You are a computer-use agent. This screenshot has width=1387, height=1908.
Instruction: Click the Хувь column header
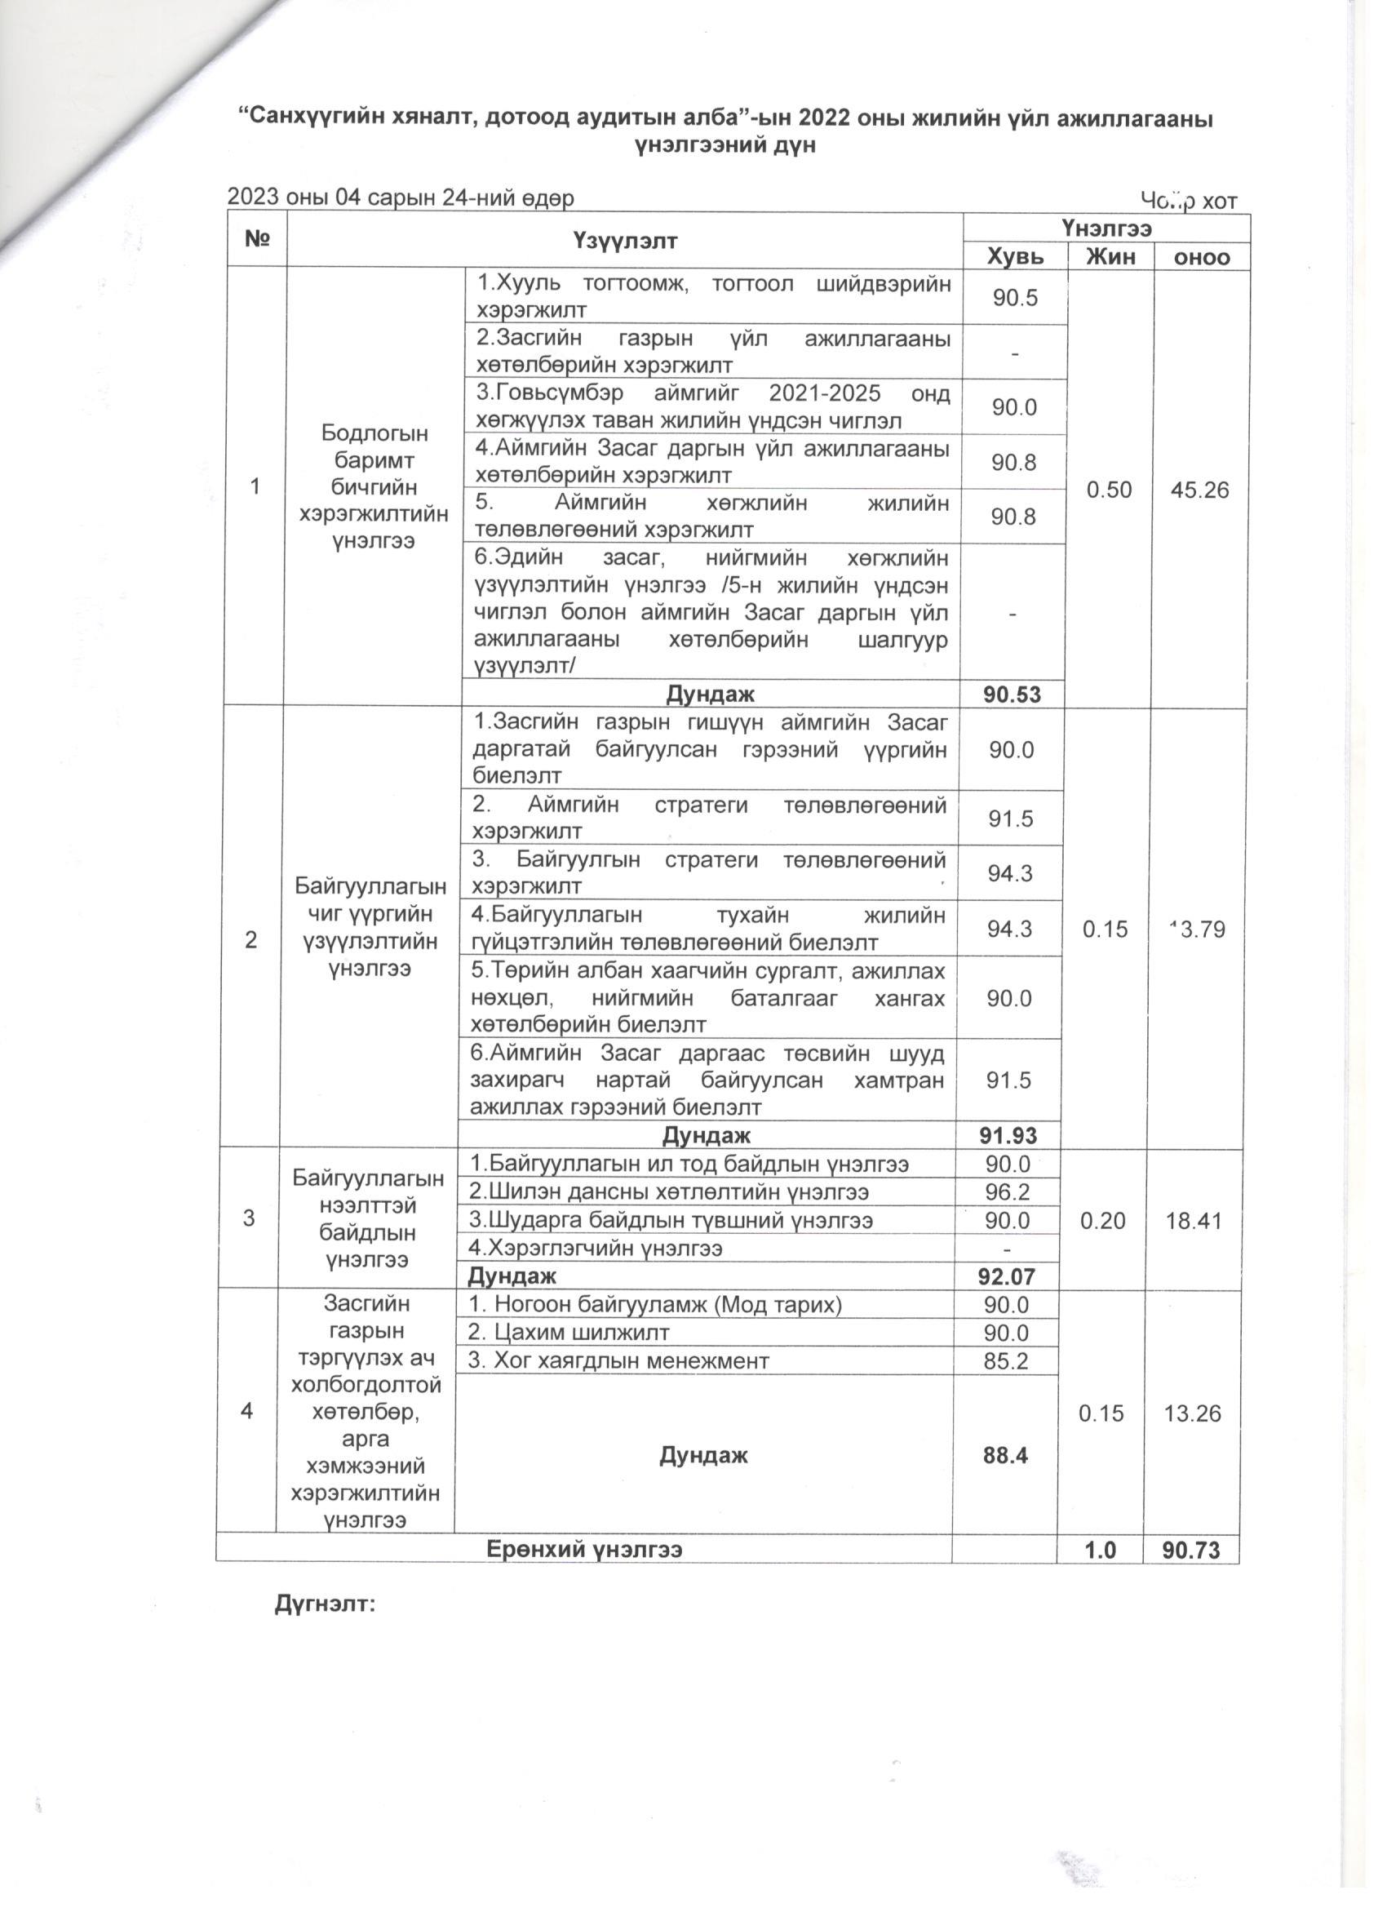pyautogui.click(x=1014, y=256)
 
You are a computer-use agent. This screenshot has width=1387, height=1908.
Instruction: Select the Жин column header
pyautogui.click(x=1110, y=256)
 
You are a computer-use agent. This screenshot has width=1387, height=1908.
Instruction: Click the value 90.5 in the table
pyautogui.click(x=1014, y=298)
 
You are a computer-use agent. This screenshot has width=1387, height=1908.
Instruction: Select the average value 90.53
pyautogui.click(x=1013, y=694)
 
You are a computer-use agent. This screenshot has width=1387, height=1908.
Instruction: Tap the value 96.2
pyautogui.click(x=1008, y=1192)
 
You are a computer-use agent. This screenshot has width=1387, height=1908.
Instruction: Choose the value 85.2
pyautogui.click(x=1007, y=1360)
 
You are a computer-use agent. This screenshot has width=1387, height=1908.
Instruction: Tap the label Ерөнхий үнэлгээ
pyautogui.click(x=584, y=1550)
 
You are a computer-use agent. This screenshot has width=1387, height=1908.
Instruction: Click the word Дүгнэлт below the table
pyautogui.click(x=325, y=1604)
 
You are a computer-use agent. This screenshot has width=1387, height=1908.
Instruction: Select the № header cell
pyautogui.click(x=257, y=240)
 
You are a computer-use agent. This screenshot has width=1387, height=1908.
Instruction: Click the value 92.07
pyautogui.click(x=1007, y=1276)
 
